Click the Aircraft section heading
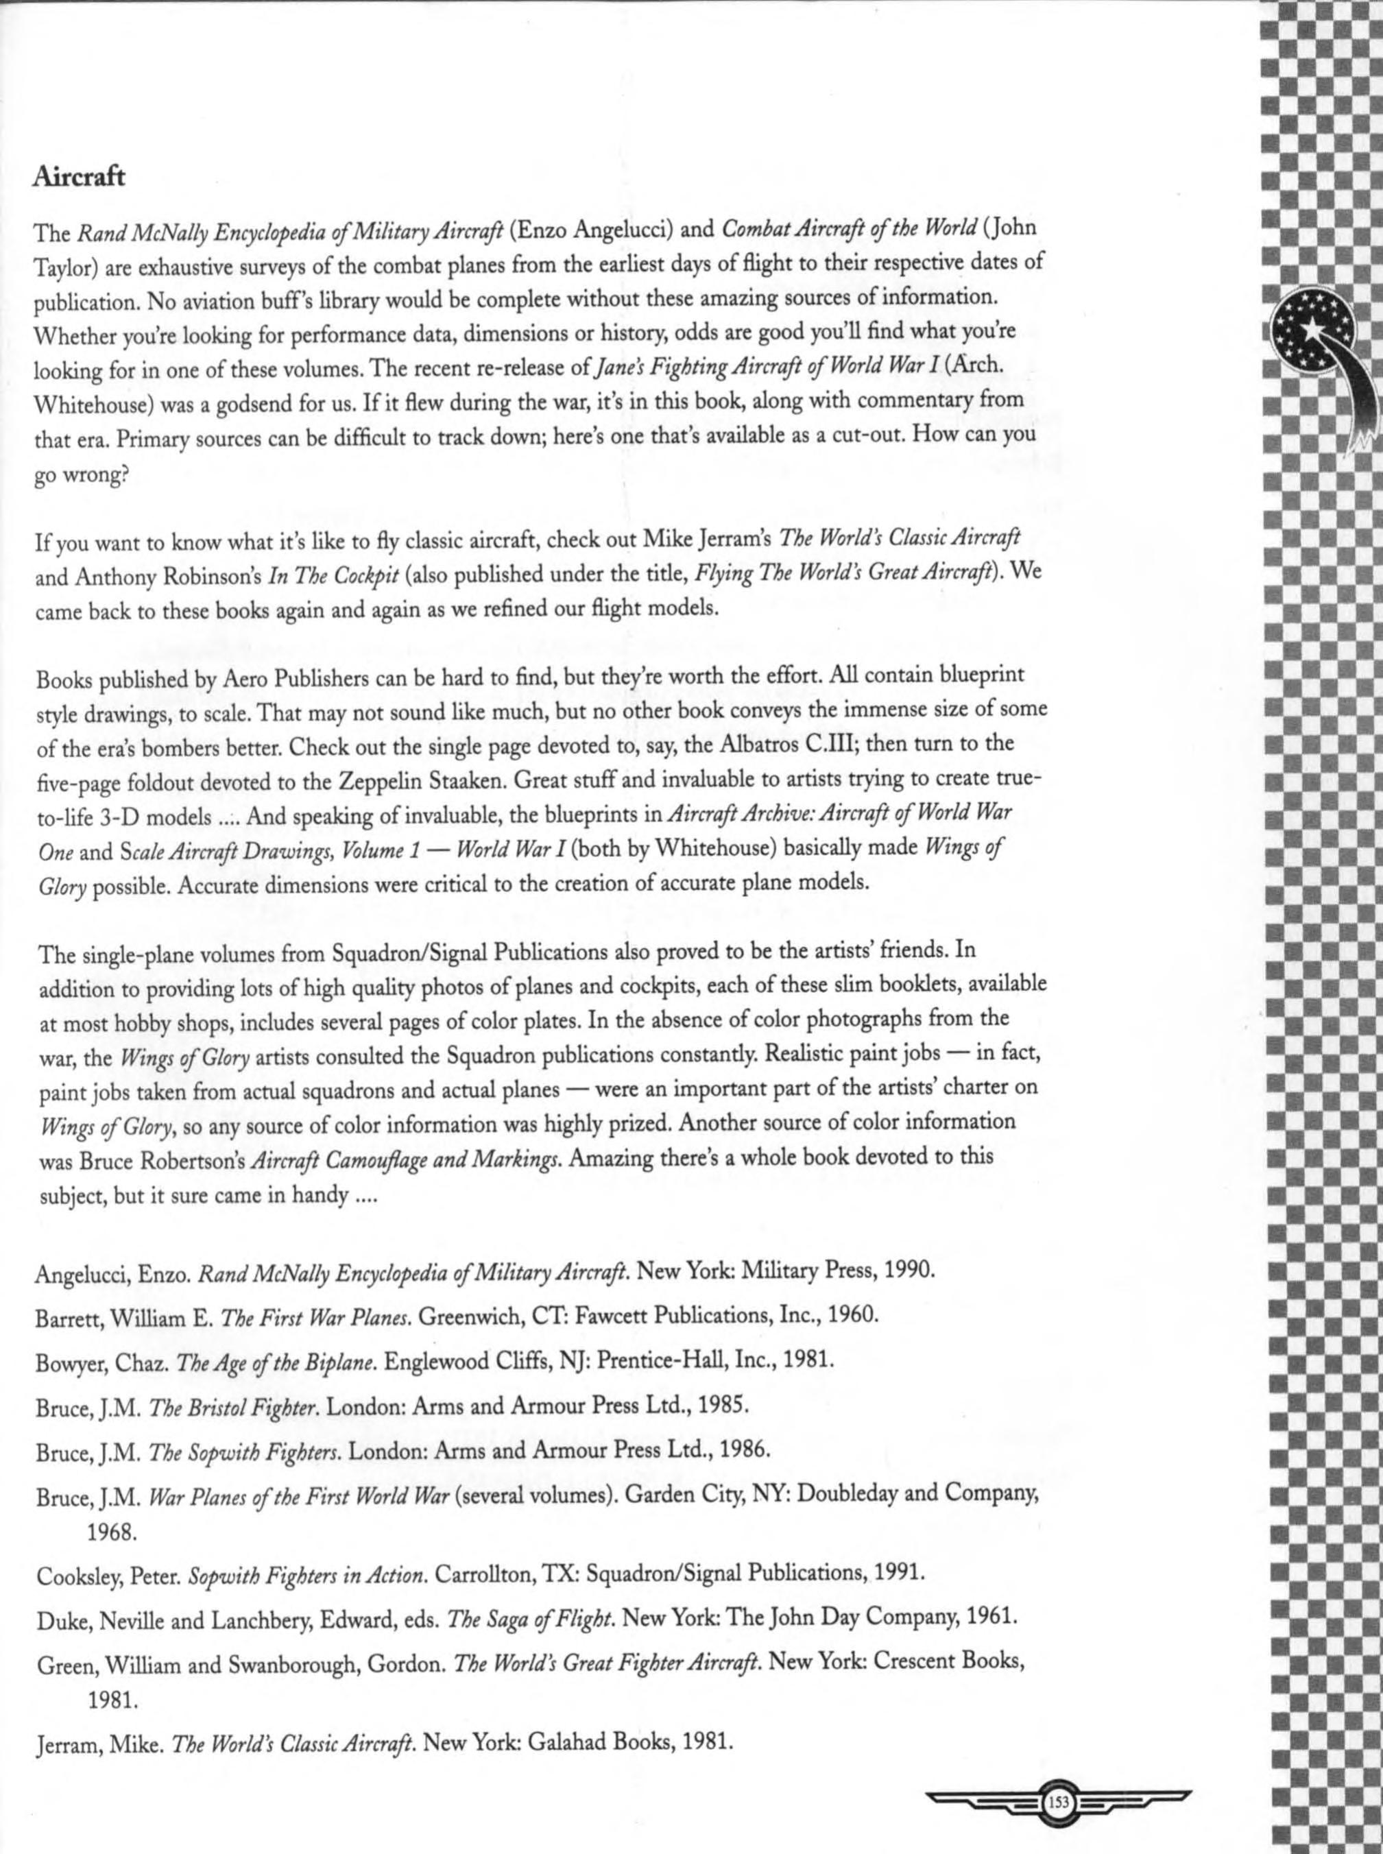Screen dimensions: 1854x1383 click(x=79, y=178)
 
